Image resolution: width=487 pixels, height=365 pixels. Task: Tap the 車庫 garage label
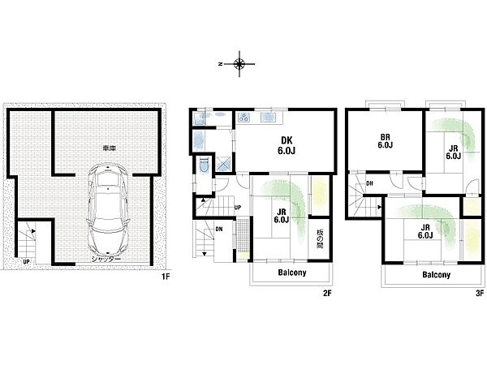point(110,148)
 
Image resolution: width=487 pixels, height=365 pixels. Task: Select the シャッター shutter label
point(106,260)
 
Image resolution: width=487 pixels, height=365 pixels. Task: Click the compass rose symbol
point(239,64)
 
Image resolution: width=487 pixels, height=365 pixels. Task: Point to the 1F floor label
point(166,276)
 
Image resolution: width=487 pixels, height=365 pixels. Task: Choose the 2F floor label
point(327,293)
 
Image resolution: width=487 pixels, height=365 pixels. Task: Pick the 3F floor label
point(480,293)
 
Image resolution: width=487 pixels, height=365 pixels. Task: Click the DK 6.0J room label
point(287,145)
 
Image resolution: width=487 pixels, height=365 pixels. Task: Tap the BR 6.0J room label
point(385,141)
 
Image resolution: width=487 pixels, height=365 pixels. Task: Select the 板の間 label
point(320,238)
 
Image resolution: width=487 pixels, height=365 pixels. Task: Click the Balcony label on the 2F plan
point(292,273)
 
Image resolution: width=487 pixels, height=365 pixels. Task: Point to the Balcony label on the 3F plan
point(436,274)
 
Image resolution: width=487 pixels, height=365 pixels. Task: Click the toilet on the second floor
point(204,165)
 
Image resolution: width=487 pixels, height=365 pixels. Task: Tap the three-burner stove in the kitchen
point(243,118)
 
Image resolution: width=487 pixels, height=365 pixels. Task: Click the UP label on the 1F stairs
point(27,262)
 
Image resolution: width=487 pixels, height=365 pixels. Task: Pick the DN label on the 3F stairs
point(369,183)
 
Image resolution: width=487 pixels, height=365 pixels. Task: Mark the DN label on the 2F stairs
point(218,229)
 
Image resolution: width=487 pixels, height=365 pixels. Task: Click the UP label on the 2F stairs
point(238,208)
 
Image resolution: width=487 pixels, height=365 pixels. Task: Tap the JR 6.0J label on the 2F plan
point(282,216)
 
